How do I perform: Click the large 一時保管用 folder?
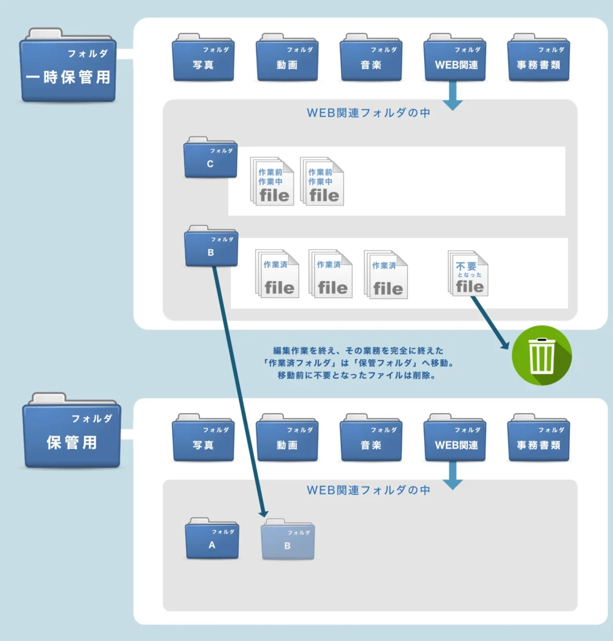(x=68, y=66)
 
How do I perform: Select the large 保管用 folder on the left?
(x=71, y=432)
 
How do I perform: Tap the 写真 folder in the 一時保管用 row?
(x=203, y=58)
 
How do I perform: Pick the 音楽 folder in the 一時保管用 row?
(x=371, y=58)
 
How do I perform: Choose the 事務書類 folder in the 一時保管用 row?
(x=539, y=58)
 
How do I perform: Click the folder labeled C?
(x=210, y=158)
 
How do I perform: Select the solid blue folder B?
(x=211, y=247)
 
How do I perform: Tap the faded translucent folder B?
(x=288, y=540)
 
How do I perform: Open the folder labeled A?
(x=212, y=539)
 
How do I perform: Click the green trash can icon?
(x=541, y=355)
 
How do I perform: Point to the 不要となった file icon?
(x=469, y=274)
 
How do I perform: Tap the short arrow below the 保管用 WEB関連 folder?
(x=452, y=478)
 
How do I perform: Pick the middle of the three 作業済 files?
(x=331, y=274)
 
